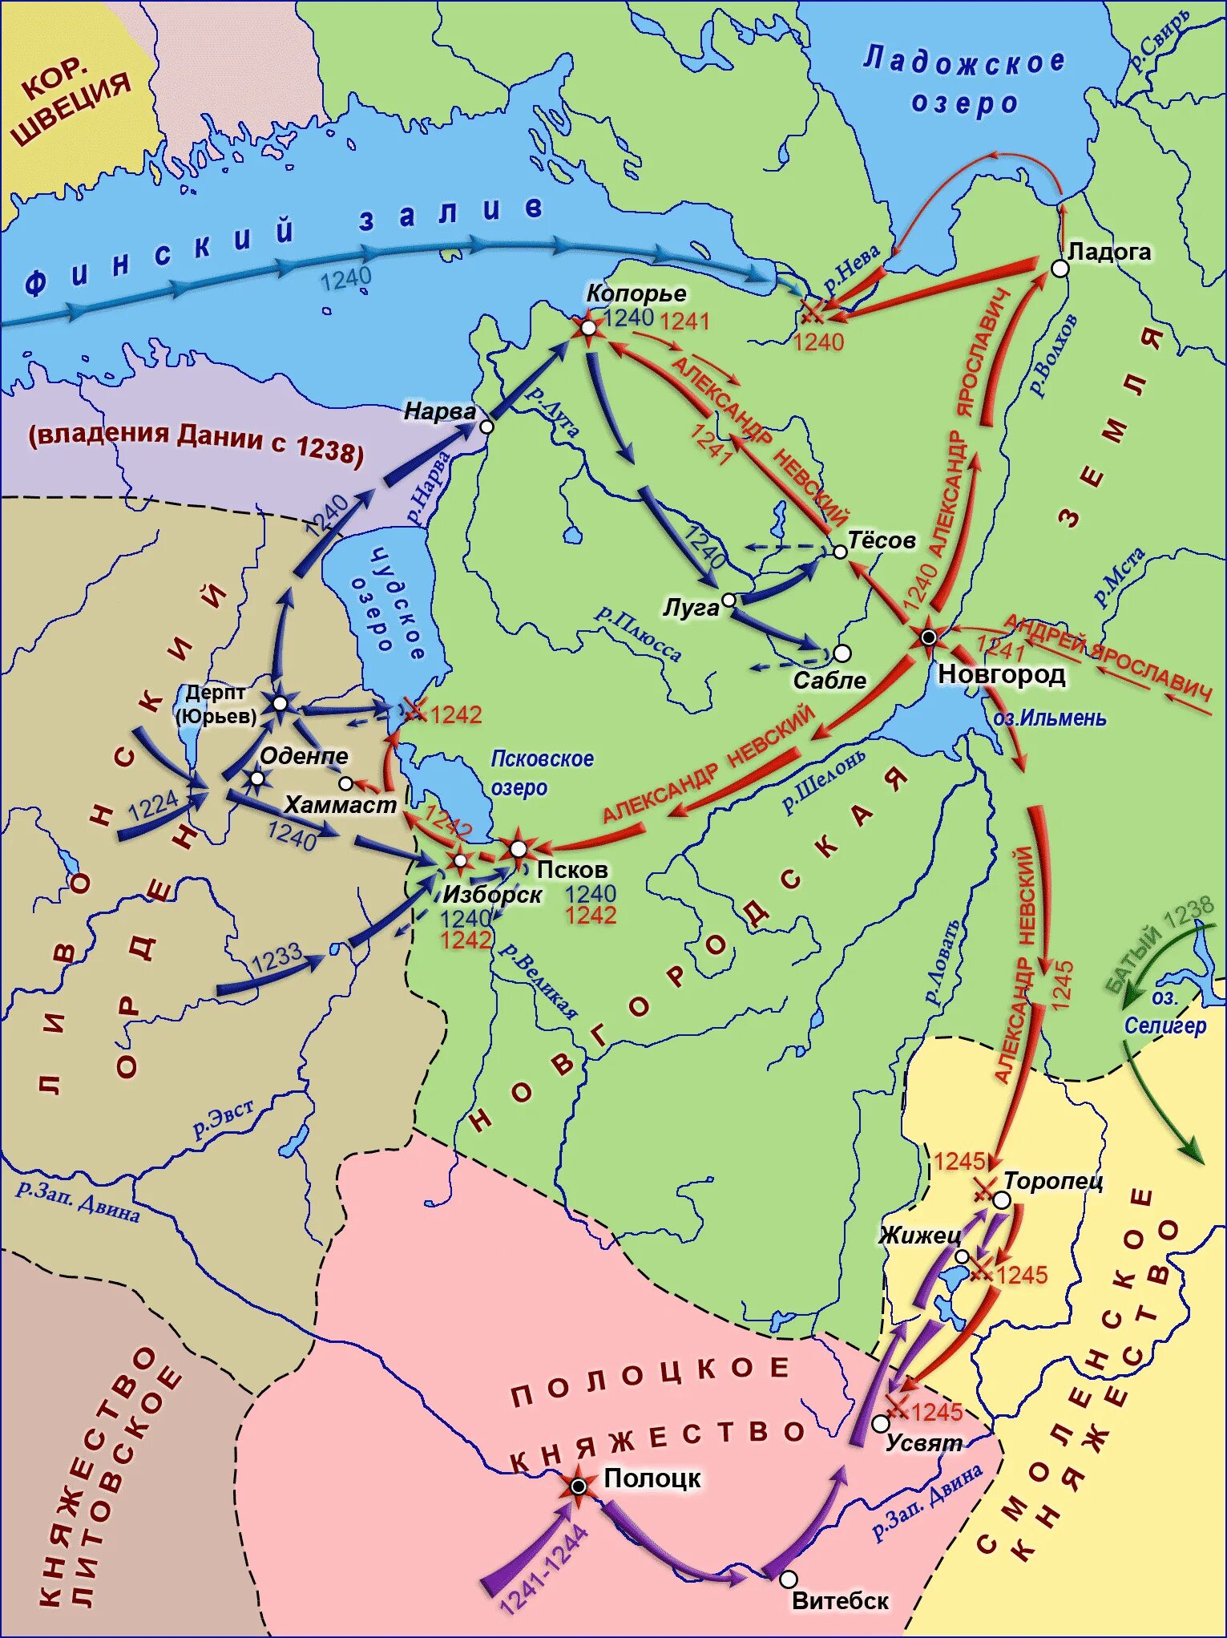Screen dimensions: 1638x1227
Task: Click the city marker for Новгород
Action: [x=928, y=638]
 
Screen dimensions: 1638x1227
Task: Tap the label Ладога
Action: [x=1109, y=252]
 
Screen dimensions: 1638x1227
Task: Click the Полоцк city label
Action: [x=652, y=1478]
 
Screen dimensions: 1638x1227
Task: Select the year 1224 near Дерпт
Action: [x=153, y=805]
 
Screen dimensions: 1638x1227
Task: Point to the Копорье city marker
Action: [x=588, y=327]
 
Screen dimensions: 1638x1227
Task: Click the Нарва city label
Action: [x=440, y=411]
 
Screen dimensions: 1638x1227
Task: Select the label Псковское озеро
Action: [x=542, y=773]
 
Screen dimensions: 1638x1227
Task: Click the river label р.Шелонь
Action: [x=823, y=781]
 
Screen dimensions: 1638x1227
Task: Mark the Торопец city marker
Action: [x=1002, y=1200]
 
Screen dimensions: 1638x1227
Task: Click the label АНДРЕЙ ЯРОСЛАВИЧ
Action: [x=1107, y=656]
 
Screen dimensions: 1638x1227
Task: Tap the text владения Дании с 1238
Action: [x=196, y=441]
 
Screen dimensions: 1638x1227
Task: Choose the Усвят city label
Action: [x=923, y=1443]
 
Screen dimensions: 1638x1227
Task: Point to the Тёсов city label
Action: [x=882, y=540]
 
